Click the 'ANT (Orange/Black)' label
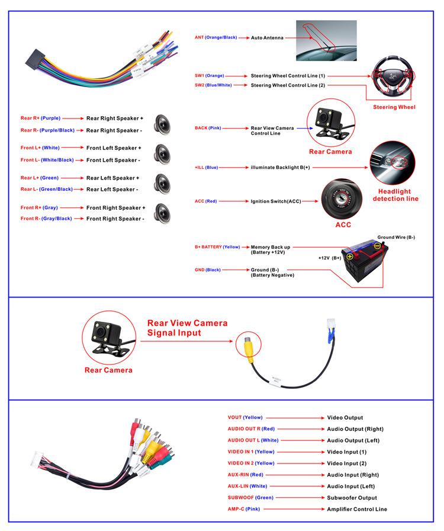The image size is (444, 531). coord(216,37)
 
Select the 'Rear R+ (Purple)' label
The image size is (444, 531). coord(40,119)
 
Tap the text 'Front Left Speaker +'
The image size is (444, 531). coord(114,148)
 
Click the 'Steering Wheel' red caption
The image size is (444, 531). coord(394,107)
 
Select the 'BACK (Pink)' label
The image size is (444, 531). coord(208,128)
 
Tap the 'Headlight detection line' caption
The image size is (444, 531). coord(395,195)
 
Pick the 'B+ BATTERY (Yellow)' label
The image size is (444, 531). coord(217,247)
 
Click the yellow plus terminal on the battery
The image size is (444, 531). coord(350,257)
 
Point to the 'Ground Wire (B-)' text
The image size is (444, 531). coord(396,238)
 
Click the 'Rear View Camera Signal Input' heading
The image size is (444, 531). coord(187,328)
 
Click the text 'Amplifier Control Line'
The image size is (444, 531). coord(357,509)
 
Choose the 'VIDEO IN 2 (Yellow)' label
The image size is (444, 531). coord(251,463)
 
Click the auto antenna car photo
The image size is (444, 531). coord(326,40)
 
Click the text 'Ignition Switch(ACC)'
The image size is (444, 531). coord(276,201)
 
